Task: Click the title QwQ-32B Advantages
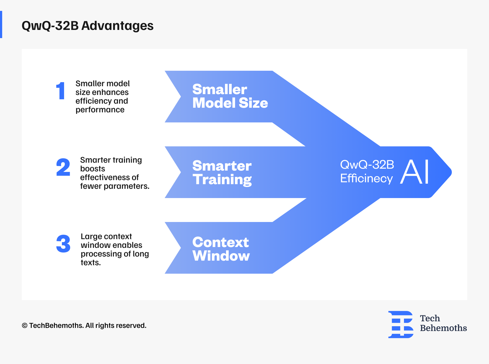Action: click(87, 26)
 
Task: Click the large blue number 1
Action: click(61, 91)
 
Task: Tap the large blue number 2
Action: click(63, 167)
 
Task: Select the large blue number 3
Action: click(63, 244)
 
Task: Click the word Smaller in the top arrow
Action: click(220, 90)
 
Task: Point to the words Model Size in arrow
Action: click(230, 103)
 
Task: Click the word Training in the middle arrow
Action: click(222, 180)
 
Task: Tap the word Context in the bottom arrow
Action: click(220, 242)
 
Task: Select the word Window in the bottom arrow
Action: click(221, 256)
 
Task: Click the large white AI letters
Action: click(415, 172)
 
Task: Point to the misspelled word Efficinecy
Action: click(366, 179)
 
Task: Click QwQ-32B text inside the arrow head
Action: click(367, 165)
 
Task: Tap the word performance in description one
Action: click(100, 110)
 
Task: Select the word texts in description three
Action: click(90, 263)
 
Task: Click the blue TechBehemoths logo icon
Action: click(401, 324)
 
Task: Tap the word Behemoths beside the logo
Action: click(443, 328)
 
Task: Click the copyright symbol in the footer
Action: click(25, 326)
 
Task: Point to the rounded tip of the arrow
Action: click(450, 172)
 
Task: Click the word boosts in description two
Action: click(92, 169)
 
